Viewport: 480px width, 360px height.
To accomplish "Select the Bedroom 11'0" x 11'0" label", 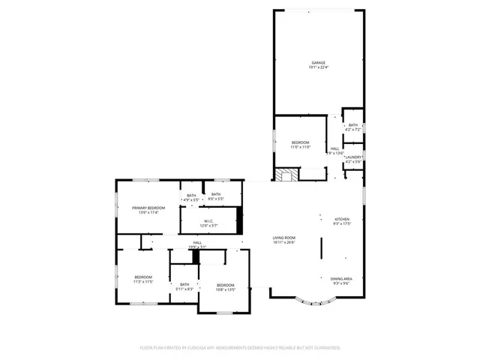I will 300,142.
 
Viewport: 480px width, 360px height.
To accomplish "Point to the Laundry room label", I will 353,157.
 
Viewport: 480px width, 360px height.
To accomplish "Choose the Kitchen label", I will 342,219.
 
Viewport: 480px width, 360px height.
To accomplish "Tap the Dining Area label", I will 342,278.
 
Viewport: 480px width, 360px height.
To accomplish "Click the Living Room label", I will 283,238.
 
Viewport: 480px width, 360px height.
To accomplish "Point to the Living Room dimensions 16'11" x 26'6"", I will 283,243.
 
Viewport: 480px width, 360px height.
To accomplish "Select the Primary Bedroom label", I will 148,208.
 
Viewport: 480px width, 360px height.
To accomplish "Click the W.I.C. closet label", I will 209,220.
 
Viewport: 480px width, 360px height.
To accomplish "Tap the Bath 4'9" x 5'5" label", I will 191,196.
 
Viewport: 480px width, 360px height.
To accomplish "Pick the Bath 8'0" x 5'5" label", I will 215,194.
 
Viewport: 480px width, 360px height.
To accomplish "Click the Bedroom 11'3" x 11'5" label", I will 143,277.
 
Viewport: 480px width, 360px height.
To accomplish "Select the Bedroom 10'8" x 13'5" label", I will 226,285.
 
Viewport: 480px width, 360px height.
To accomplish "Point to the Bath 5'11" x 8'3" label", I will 184,284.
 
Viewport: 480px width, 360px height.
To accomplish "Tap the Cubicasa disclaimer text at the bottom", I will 240,348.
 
